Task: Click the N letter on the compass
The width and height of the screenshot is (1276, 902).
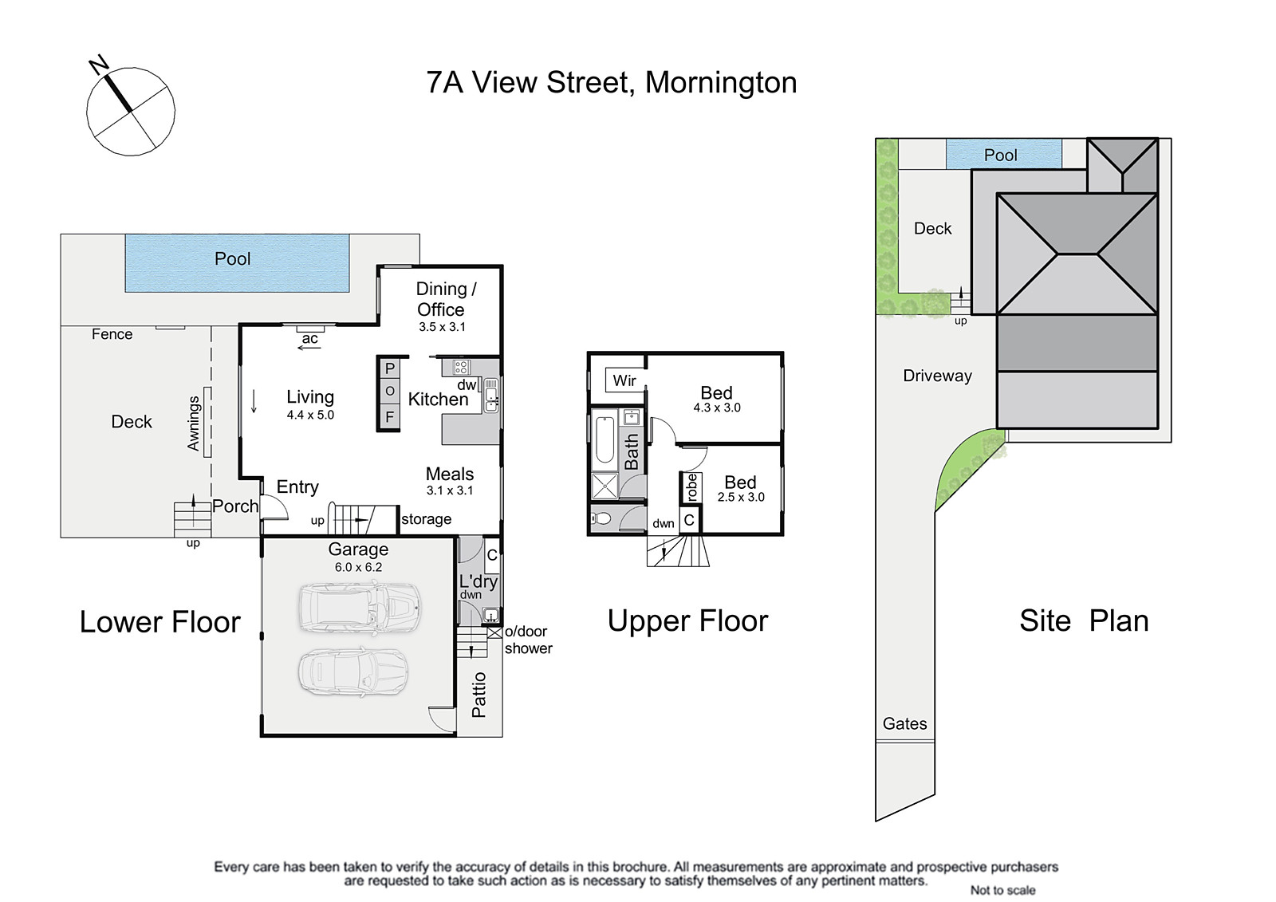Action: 99,65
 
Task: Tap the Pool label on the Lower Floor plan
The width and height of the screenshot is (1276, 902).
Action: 232,258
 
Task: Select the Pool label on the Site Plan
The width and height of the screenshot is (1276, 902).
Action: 1000,155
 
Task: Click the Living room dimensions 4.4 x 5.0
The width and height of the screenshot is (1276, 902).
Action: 310,415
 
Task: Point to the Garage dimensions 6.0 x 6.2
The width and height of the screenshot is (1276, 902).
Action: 358,567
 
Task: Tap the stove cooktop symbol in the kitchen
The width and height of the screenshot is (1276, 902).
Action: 461,367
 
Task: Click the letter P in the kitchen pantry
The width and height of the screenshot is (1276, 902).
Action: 390,368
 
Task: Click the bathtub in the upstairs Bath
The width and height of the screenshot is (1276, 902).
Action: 605,440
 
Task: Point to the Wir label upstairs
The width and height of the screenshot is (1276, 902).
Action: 624,380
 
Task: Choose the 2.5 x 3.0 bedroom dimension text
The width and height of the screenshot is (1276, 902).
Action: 741,497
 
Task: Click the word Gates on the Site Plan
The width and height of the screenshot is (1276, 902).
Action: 904,723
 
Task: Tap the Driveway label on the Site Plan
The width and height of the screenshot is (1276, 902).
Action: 937,376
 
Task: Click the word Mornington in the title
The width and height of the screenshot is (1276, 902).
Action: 721,83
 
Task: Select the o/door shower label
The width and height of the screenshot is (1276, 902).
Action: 528,640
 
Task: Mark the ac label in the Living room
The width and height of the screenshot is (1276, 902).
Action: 310,338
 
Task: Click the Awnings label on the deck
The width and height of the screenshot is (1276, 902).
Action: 194,423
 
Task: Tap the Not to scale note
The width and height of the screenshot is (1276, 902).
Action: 1002,890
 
